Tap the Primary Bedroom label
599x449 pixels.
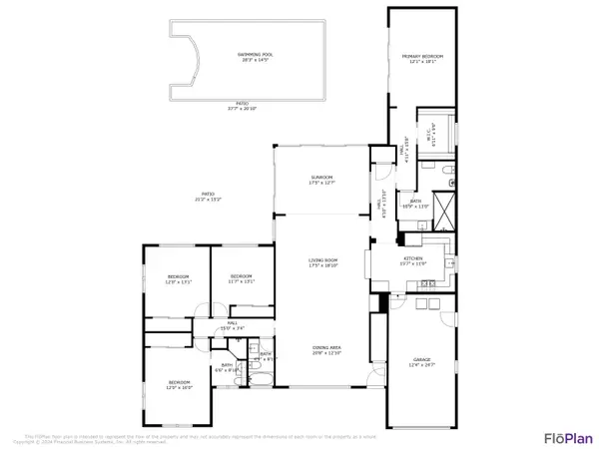421,57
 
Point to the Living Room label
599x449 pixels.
322,262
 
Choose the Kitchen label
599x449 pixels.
413,259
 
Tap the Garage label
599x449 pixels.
421,358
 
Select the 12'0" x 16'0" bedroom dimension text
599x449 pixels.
180,386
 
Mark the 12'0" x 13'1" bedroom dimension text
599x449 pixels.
177,281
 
